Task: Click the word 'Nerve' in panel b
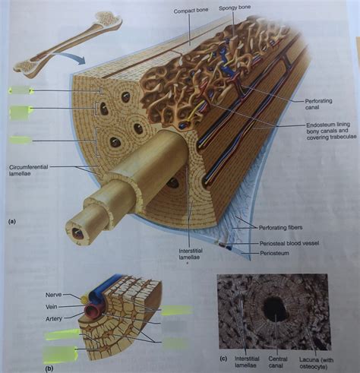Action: (x=53, y=291)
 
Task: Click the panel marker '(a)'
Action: (x=13, y=222)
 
